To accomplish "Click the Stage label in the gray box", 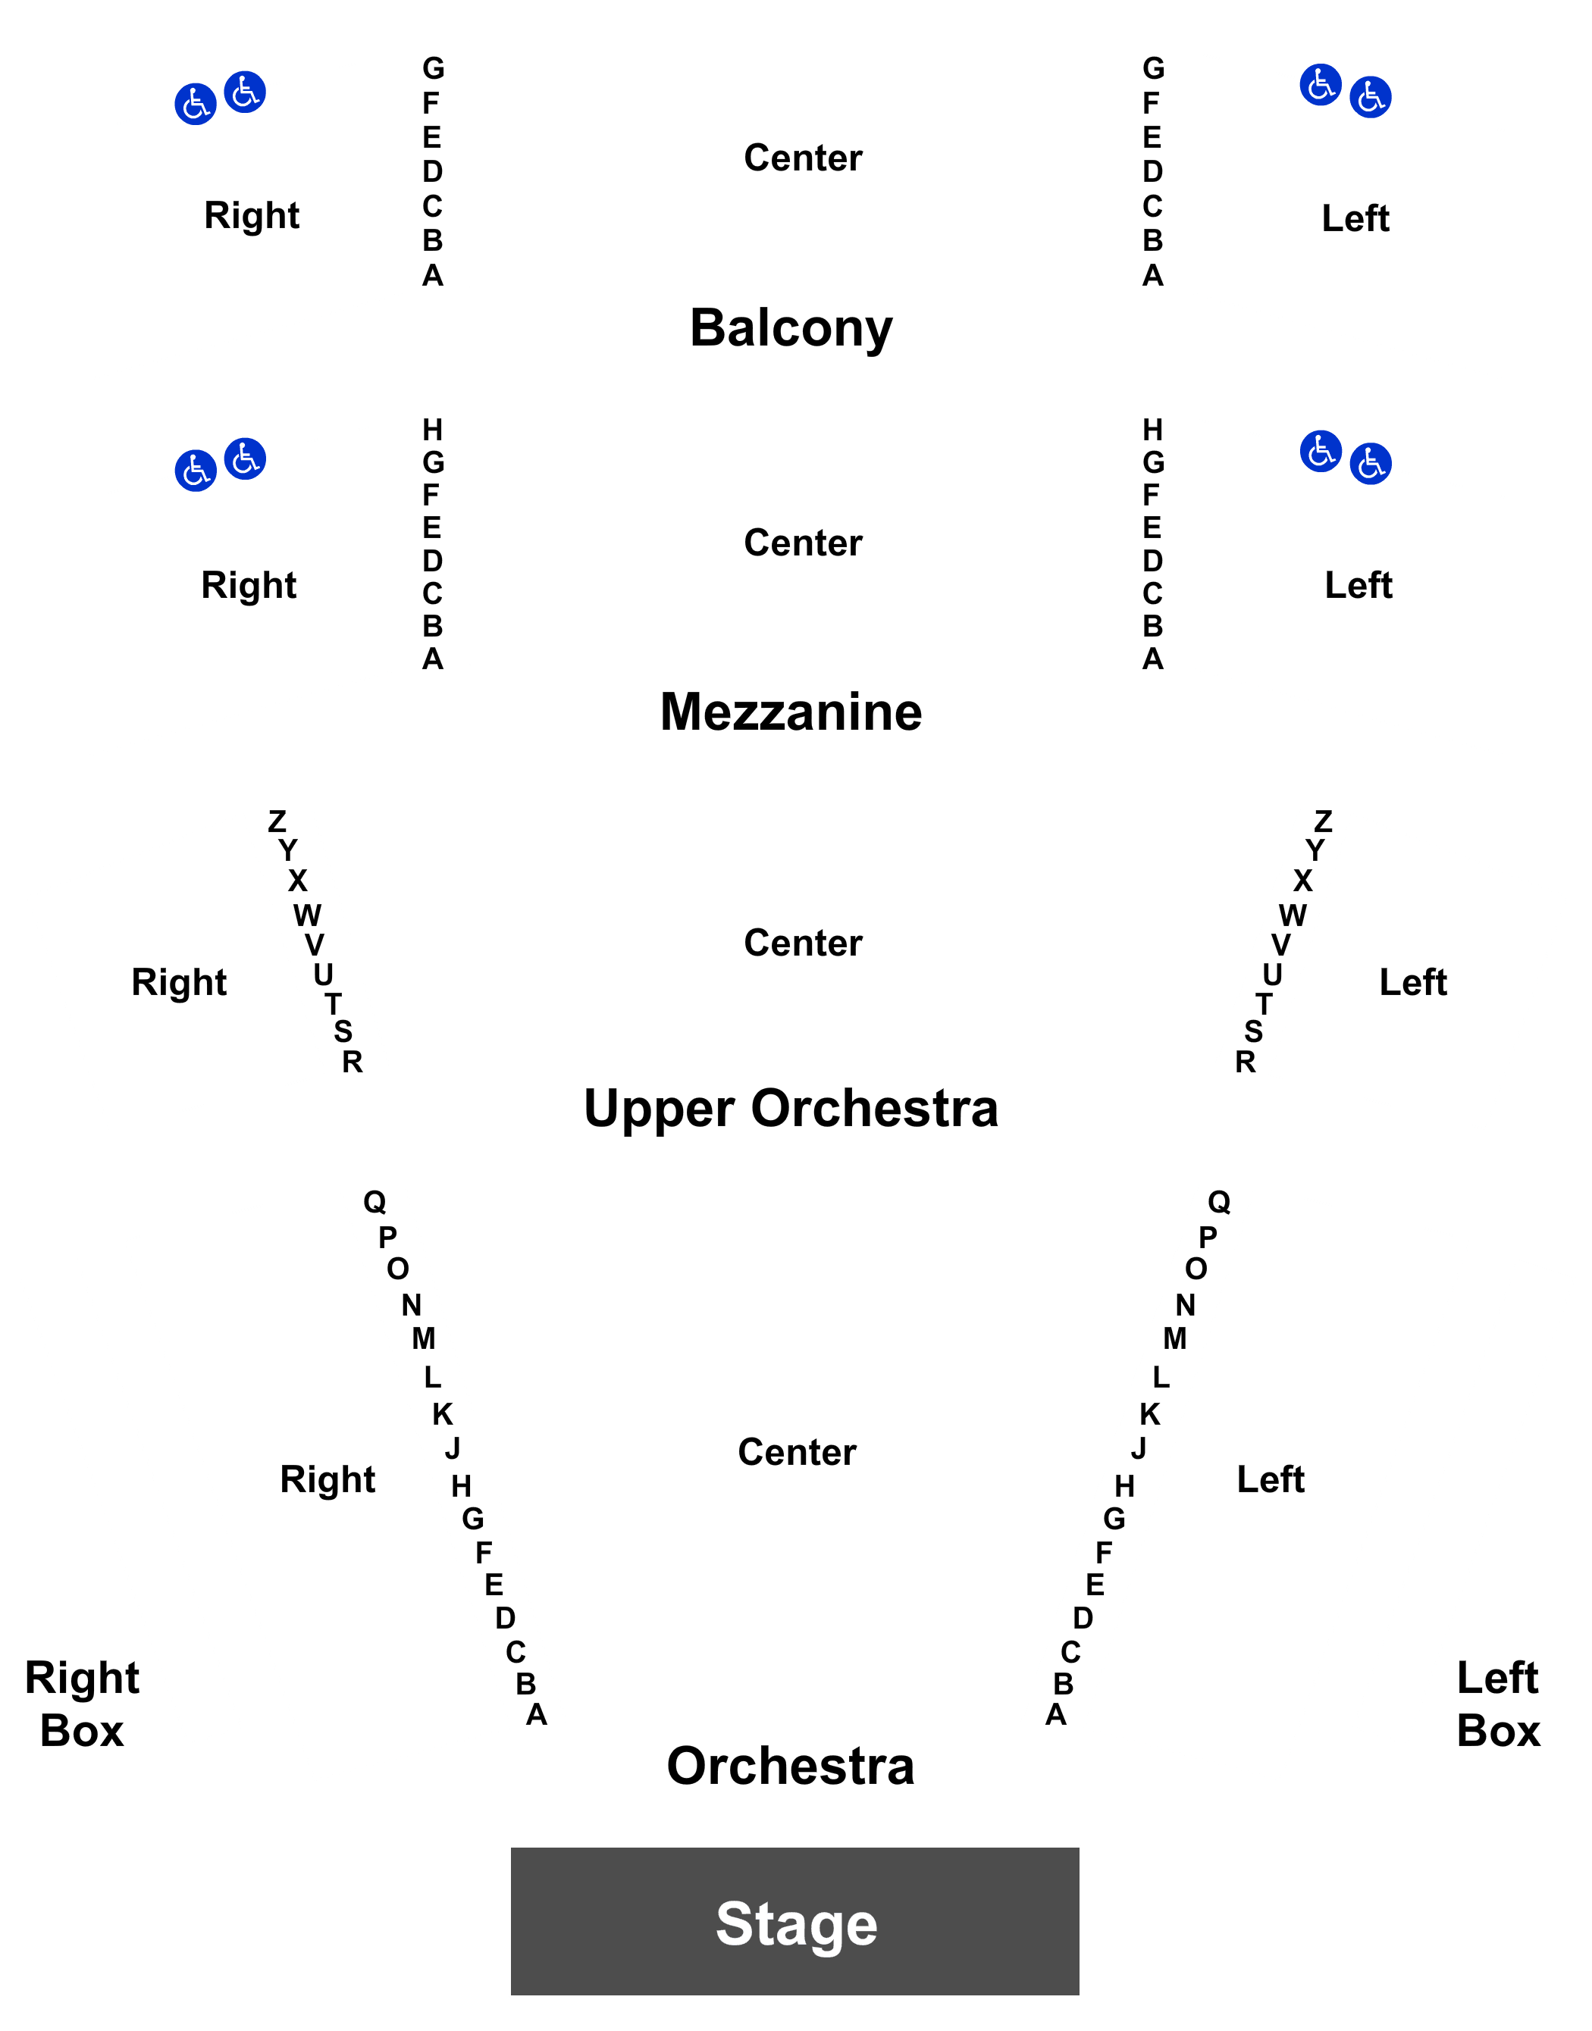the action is (796, 1924).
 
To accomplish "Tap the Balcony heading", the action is (791, 329).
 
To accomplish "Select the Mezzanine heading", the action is (791, 712).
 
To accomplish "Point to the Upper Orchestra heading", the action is (791, 1109).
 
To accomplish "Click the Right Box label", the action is (82, 1704).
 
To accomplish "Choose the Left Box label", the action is (1498, 1704).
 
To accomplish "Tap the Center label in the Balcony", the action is (803, 158).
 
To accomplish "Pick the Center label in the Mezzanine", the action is (803, 542).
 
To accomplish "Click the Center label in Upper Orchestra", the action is (803, 943).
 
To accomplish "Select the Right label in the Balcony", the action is (252, 216).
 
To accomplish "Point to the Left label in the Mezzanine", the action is (1358, 585).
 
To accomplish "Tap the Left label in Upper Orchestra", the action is (1413, 982).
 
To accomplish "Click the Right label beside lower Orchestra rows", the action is (327, 1480).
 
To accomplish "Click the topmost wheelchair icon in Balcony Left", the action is (1321, 85).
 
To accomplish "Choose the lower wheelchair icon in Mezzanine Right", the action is (196, 471).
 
